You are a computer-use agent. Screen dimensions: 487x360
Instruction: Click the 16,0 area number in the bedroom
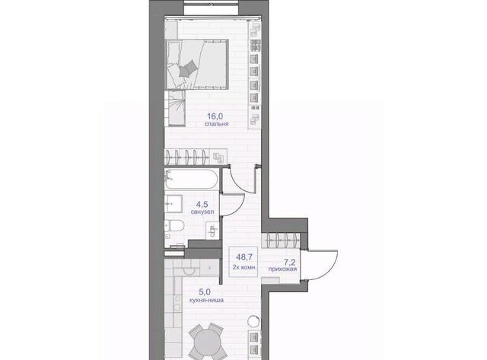[x=215, y=116]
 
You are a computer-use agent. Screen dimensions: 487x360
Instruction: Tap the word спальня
[x=216, y=123]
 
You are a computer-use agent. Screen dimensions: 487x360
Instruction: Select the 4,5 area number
[x=202, y=205]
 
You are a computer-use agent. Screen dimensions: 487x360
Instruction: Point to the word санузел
[x=202, y=212]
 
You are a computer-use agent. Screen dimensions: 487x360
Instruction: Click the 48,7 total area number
[x=244, y=257]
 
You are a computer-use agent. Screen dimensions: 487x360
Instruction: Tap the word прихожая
[x=282, y=269]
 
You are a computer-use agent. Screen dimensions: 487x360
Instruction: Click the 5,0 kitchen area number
[x=205, y=292]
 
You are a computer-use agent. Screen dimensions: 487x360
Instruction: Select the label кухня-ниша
[x=206, y=301]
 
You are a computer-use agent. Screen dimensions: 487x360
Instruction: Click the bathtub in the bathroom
[x=191, y=180]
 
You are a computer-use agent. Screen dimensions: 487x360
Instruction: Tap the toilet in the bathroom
[x=175, y=226]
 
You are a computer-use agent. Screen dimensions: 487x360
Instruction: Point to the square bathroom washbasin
[x=173, y=204]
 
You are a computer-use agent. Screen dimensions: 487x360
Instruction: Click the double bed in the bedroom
[x=197, y=65]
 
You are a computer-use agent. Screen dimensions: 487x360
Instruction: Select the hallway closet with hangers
[x=281, y=241]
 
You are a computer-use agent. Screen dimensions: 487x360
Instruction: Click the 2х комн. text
[x=244, y=267]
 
